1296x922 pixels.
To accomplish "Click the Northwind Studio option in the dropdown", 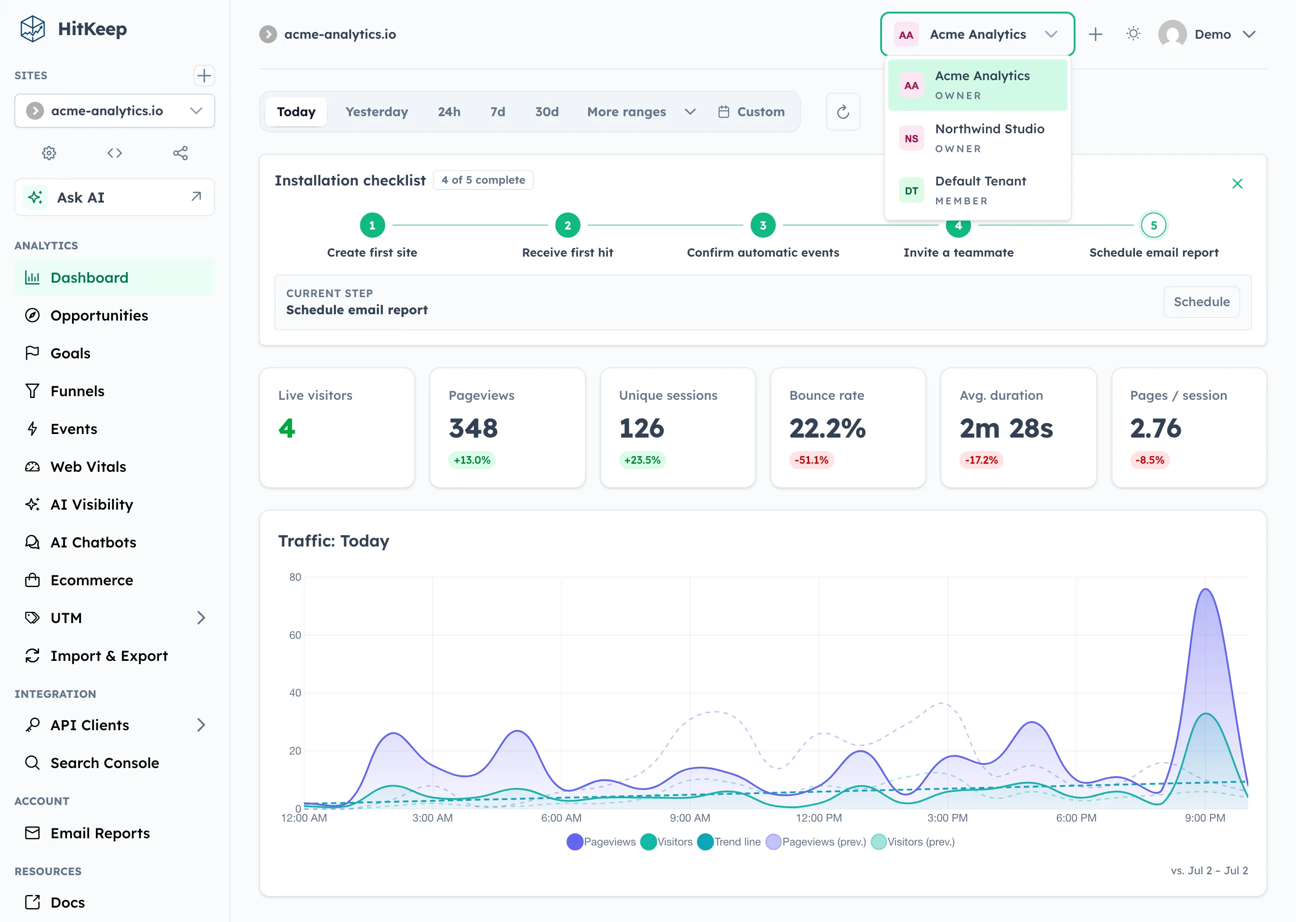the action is [x=977, y=138].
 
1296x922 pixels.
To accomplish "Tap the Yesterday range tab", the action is [x=377, y=112].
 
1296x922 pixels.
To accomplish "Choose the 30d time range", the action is [x=546, y=112].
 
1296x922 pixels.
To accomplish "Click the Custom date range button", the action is [x=751, y=112].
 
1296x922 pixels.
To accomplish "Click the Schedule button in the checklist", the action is [x=1201, y=302].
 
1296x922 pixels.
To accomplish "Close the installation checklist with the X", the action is [x=1237, y=183].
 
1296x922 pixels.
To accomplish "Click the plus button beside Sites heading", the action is [x=204, y=76].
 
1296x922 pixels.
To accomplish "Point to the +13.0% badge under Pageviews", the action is [x=472, y=460].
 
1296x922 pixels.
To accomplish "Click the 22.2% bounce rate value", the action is [x=827, y=428].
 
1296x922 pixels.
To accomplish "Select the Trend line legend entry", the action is [x=729, y=842].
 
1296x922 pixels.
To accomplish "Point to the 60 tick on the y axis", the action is [x=295, y=635].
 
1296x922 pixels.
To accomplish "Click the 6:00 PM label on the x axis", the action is [x=1076, y=818].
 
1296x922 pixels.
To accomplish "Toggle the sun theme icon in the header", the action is [x=1133, y=34].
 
